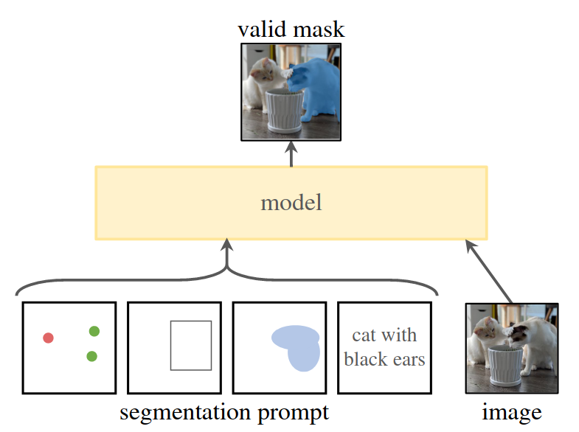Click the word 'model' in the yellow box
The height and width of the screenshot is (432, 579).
(291, 203)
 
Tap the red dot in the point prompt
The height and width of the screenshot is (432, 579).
(48, 338)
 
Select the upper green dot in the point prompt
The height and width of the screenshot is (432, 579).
(94, 332)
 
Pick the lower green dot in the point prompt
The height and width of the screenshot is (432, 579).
(91, 356)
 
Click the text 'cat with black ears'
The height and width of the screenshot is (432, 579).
(384, 347)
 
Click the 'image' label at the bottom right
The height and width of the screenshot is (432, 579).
(511, 412)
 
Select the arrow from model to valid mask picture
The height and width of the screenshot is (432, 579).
(291, 153)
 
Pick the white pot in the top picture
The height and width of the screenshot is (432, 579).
(285, 111)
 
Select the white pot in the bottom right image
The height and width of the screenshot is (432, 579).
(508, 365)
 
